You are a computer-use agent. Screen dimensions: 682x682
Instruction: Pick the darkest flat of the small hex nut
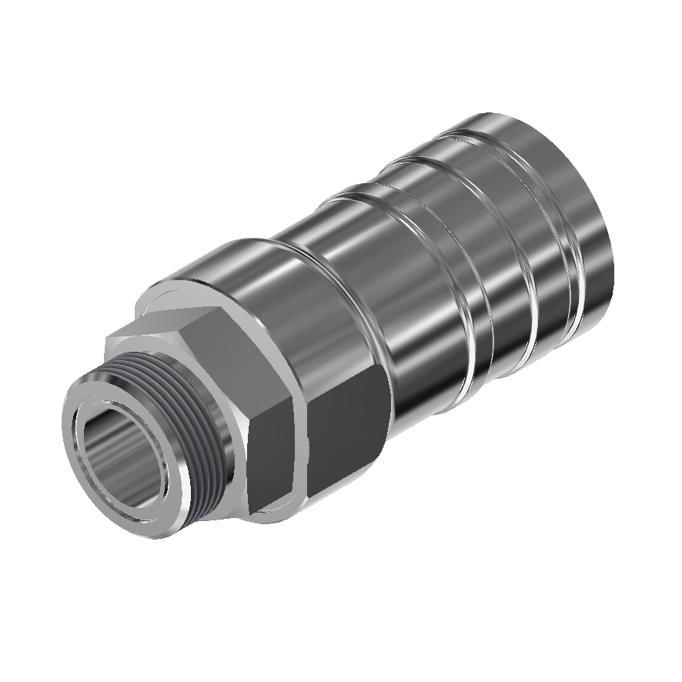click(x=273, y=462)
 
